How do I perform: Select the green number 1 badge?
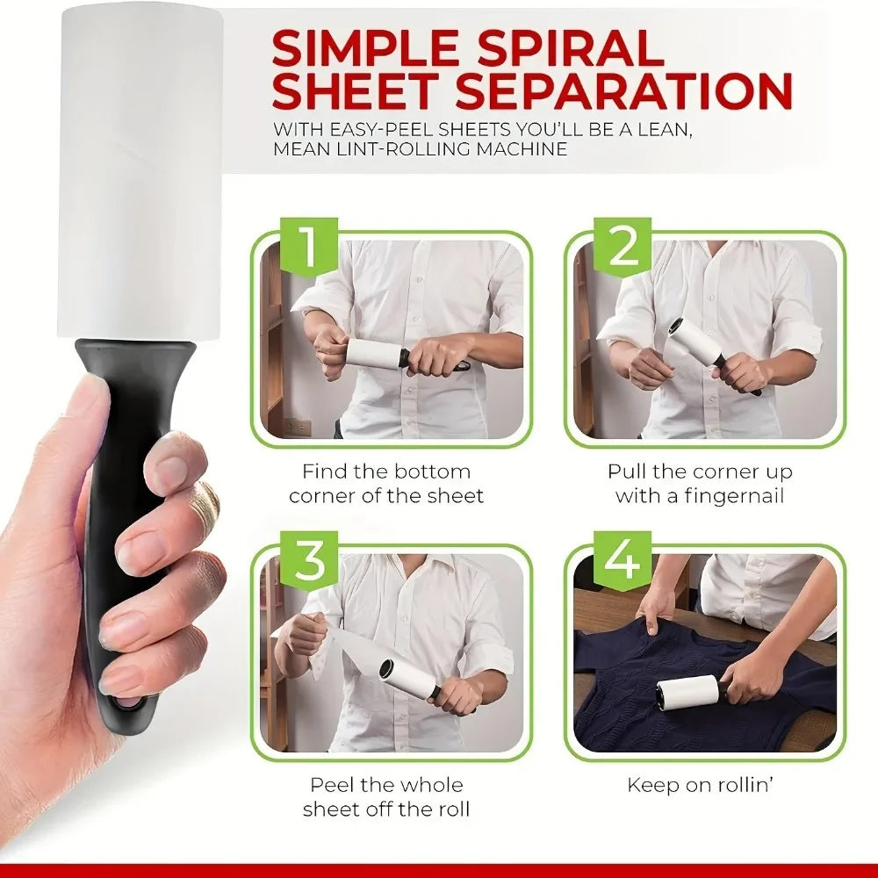pos(307,248)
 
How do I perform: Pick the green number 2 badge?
pos(623,248)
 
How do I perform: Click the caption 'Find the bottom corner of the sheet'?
pos(386,484)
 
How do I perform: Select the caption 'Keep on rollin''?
pos(699,785)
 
